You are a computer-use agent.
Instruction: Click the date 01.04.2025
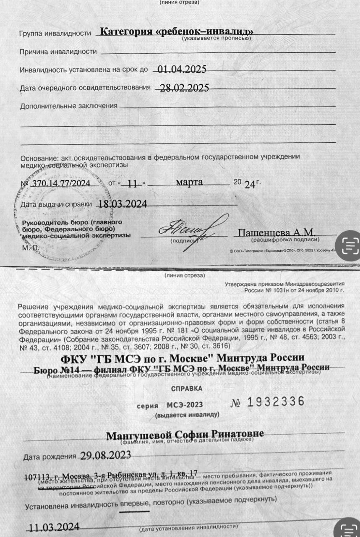[181, 69]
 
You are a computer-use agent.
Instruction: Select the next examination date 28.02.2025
[182, 88]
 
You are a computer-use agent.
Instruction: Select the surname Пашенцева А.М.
[276, 232]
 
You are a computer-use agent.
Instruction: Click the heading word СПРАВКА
[187, 388]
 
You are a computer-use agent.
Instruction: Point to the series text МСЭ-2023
[185, 405]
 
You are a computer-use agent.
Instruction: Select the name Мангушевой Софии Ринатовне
[185, 434]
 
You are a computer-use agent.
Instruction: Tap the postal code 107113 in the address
[37, 477]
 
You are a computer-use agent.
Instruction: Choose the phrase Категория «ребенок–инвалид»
[177, 32]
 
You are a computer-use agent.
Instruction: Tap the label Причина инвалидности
[58, 52]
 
